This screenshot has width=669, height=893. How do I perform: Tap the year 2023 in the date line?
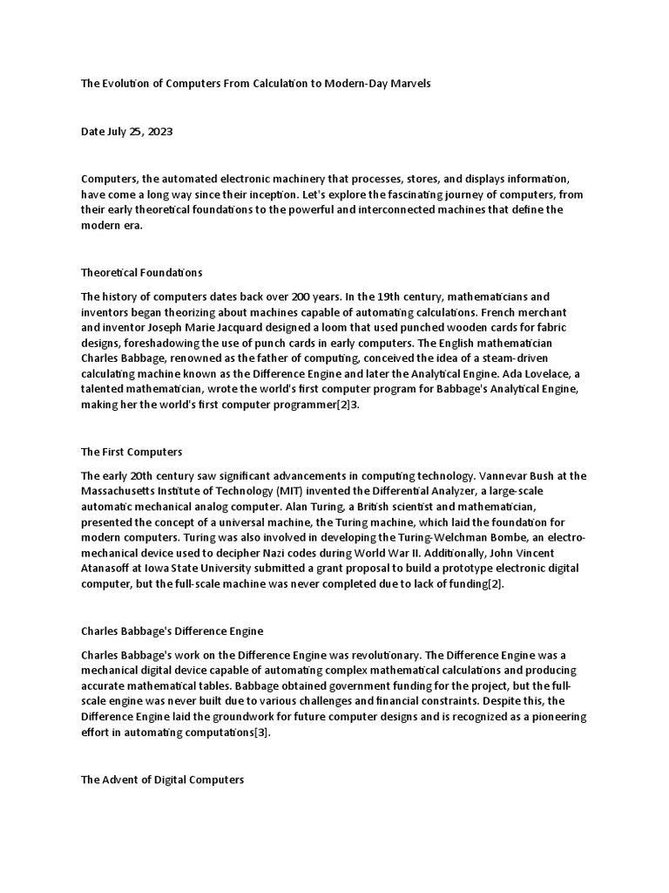159,132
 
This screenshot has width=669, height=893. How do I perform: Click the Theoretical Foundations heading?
141,273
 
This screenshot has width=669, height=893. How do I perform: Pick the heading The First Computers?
132,452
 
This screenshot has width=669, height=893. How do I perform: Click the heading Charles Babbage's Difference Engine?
172,631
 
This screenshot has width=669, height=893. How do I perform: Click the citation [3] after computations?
261,733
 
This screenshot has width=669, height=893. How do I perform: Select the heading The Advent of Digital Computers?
162,780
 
